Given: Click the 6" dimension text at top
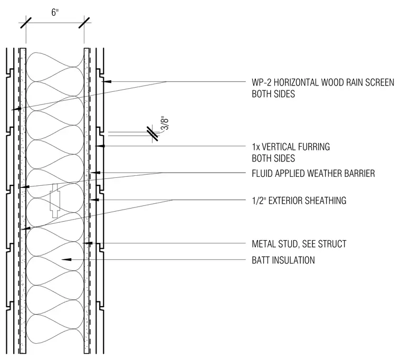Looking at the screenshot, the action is [x=55, y=12].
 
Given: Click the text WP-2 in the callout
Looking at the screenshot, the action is [x=260, y=82].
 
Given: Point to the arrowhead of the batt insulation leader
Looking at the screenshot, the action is [x=66, y=260].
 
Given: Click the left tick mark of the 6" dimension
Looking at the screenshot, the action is [x=26, y=23].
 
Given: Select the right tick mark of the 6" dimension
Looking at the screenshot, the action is [x=84, y=23].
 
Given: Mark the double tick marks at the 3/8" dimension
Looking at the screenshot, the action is [x=152, y=134].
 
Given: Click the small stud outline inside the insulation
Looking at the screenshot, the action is [x=55, y=201].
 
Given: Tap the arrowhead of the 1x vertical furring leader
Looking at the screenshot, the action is [x=100, y=146].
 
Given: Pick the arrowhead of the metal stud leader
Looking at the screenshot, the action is [x=88, y=243].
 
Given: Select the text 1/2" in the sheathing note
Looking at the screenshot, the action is [x=259, y=201].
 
